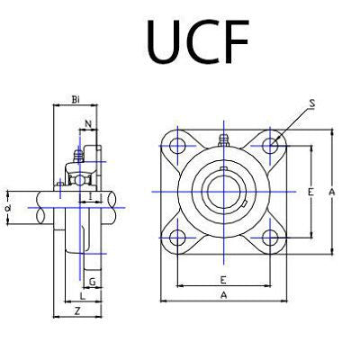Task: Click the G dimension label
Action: tap(93, 281)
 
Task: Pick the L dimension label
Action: tap(82, 294)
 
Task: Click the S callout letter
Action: tap(310, 105)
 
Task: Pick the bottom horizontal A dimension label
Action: tap(221, 294)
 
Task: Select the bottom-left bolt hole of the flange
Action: tap(177, 239)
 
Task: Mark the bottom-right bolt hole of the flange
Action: tap(270, 239)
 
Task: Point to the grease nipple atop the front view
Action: tap(223, 139)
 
